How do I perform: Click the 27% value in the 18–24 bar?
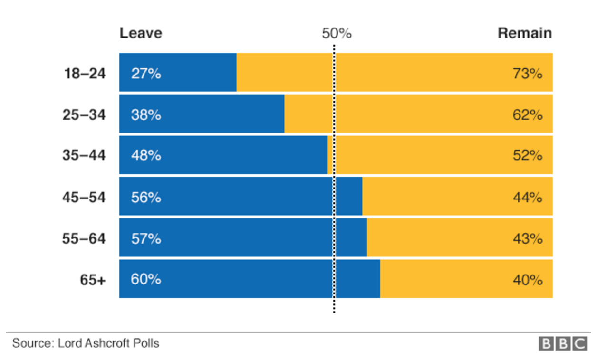coord(146,74)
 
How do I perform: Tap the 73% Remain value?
coord(528,74)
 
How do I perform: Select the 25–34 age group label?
coord(84,115)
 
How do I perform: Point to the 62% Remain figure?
coord(528,115)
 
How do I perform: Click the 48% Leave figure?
coord(146,155)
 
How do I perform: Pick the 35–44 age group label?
coord(84,155)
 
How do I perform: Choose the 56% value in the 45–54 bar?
coord(146,197)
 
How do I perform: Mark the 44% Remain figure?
coord(528,197)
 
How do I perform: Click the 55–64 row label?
coord(84,238)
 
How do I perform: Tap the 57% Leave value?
coord(146,238)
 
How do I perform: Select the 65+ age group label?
coord(93,280)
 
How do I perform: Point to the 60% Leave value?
coord(146,279)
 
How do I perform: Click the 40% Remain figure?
coord(528,280)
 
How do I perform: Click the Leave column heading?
coord(141,33)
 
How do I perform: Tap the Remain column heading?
coord(525,33)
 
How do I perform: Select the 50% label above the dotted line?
coord(337,34)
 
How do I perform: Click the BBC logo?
coord(563,343)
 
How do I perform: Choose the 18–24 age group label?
coord(84,74)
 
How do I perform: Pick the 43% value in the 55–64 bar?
coord(528,238)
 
